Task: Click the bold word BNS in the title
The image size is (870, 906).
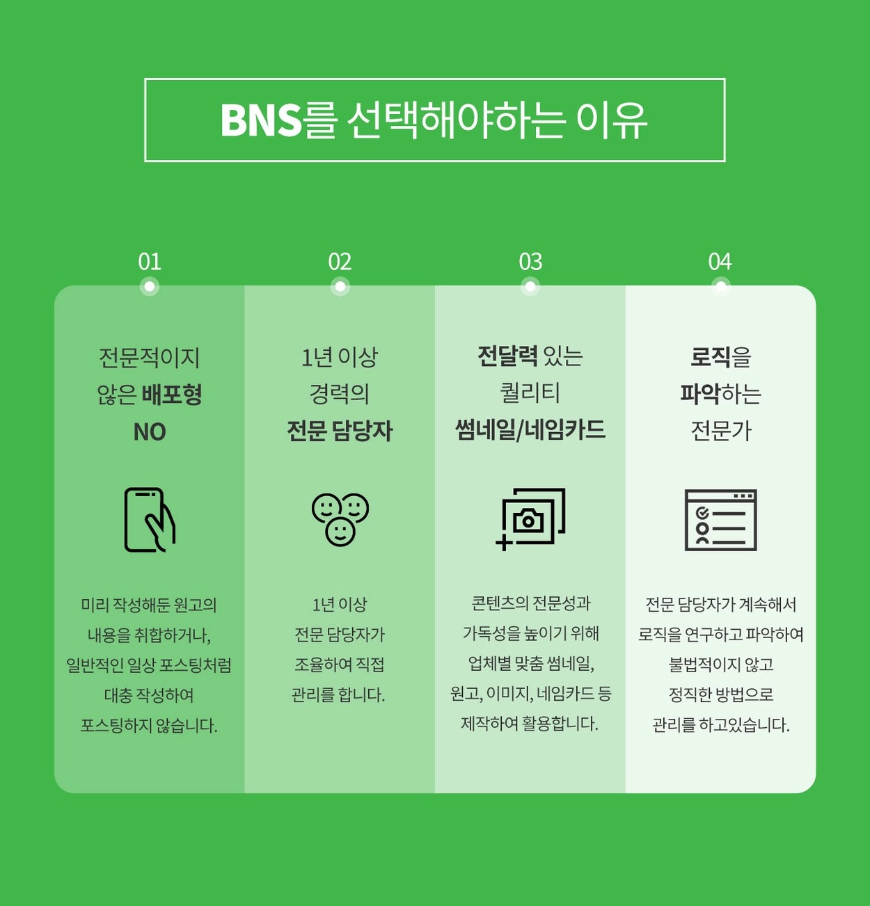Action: (261, 120)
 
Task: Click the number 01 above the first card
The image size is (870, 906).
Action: (150, 262)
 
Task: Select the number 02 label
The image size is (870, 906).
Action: (340, 262)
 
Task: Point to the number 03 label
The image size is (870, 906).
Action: (530, 262)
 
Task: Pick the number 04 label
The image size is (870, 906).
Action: (720, 262)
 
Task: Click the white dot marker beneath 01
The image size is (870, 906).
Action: (150, 286)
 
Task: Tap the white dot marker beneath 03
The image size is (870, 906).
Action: (530, 286)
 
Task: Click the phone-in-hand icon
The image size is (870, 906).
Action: (150, 520)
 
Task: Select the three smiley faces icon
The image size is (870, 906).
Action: (340, 520)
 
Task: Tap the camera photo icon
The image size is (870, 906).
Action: (530, 519)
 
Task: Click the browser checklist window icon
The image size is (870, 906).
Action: (720, 520)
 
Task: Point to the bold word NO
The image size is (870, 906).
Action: (150, 432)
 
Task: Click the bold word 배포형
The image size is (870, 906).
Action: (172, 395)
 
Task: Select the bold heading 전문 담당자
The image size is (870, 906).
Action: (340, 431)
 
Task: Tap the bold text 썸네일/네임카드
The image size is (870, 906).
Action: (530, 429)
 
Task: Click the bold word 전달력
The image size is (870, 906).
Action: (507, 356)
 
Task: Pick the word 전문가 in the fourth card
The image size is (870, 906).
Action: (720, 431)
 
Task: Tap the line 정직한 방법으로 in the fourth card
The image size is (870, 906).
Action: (720, 694)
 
